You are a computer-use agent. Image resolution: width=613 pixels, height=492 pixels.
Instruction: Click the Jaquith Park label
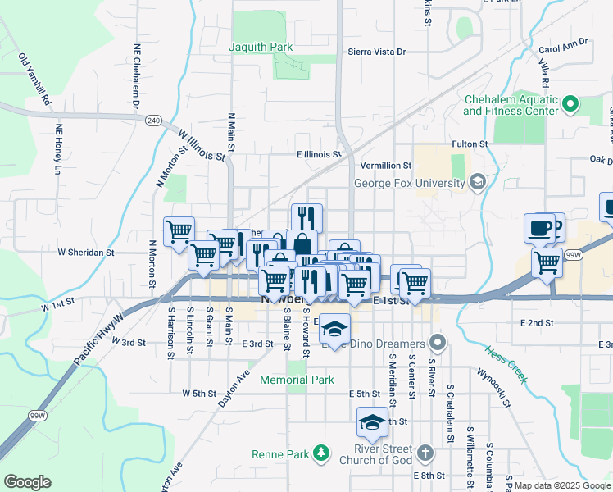(x=261, y=47)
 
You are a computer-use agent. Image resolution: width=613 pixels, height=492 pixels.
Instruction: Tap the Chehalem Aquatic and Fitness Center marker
(x=570, y=104)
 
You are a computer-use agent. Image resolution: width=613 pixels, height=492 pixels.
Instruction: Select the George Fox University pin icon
(x=477, y=182)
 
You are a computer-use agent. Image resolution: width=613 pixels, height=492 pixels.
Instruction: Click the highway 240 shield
(x=153, y=120)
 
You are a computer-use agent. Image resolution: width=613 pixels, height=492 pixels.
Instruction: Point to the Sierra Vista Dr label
(x=377, y=52)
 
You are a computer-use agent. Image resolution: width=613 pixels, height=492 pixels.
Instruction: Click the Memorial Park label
(x=297, y=380)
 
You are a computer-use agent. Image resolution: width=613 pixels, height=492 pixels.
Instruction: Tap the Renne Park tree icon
(x=322, y=453)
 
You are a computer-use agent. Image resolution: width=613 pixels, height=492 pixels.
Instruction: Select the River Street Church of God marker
(x=425, y=453)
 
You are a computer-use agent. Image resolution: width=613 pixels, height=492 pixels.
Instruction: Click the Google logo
(x=27, y=481)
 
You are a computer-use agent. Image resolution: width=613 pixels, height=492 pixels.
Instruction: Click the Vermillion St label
(x=385, y=166)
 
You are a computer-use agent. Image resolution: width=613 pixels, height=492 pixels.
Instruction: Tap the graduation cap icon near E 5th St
(x=372, y=423)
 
